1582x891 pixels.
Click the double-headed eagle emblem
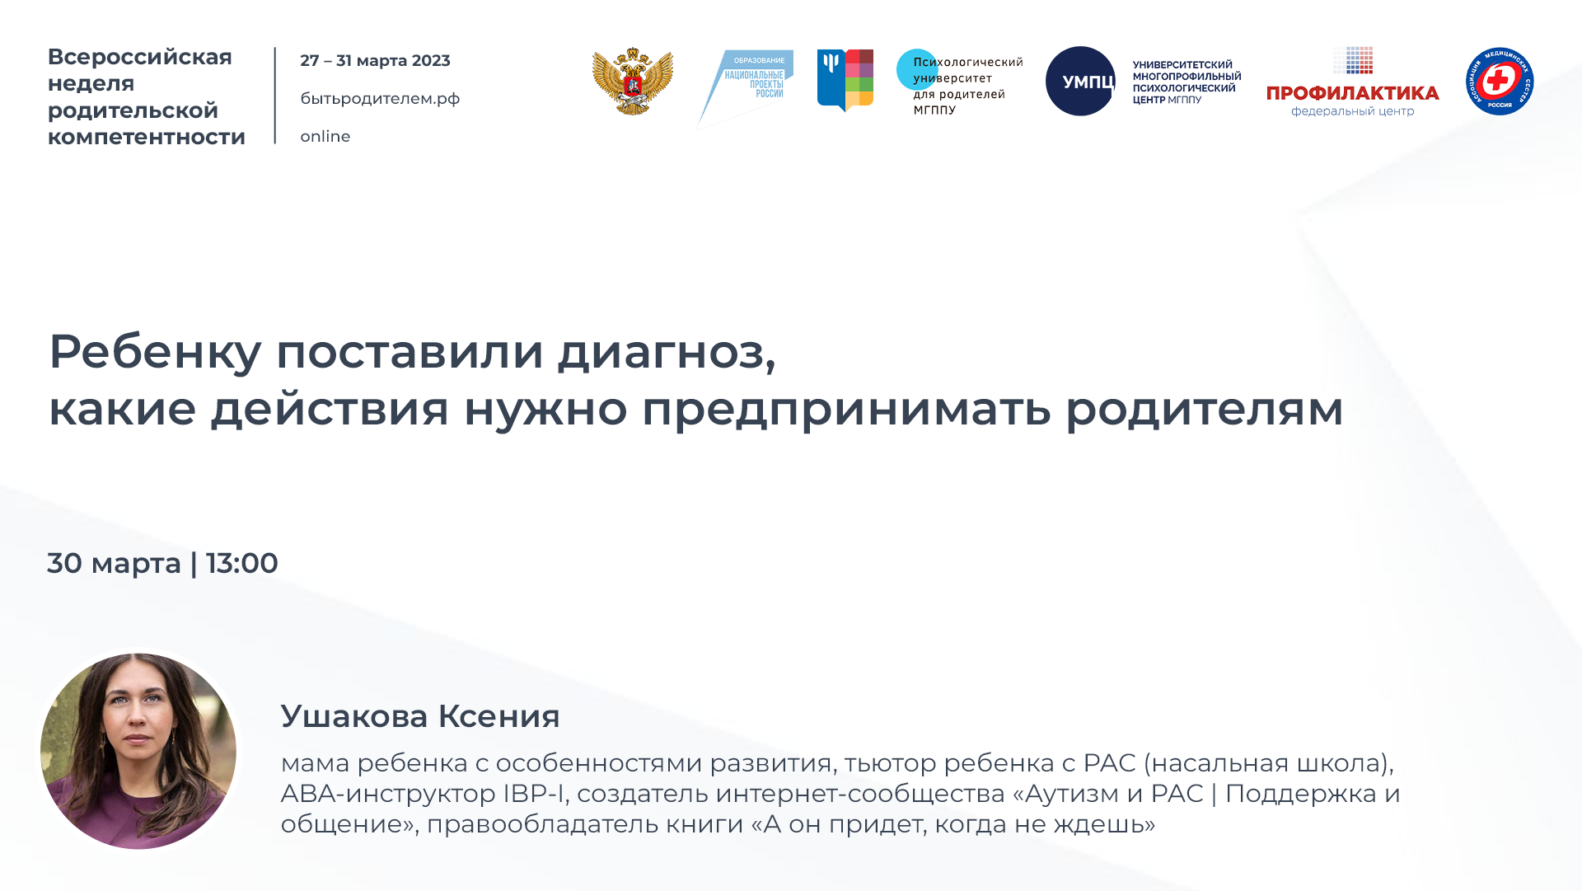pos(633,81)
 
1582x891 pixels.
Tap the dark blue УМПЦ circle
pos(1080,81)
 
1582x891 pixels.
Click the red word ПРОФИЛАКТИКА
pos(1352,94)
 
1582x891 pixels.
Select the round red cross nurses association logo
pos(1499,81)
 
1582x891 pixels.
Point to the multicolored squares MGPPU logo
pos(845,80)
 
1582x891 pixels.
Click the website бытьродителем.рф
pos(380,99)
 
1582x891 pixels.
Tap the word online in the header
pos(325,137)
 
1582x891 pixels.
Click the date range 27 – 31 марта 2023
pos(375,61)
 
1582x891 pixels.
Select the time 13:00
pos(241,564)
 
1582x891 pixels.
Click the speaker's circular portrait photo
pos(138,751)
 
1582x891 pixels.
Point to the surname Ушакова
pos(354,716)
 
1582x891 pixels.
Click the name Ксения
pos(498,716)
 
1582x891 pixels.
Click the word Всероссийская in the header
pos(140,57)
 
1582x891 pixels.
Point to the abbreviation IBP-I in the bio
pos(533,794)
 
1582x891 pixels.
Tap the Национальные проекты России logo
pos(747,86)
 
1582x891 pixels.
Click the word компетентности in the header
pos(147,137)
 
